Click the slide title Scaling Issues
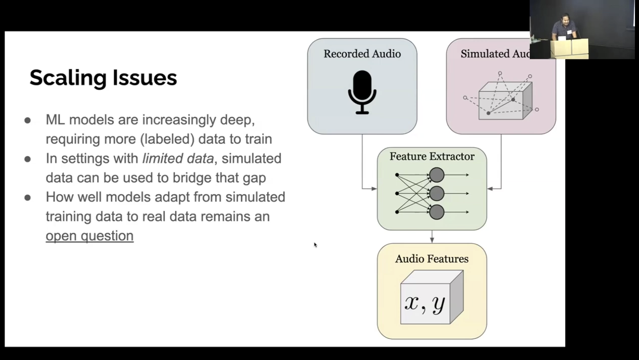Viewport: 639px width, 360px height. coord(103,77)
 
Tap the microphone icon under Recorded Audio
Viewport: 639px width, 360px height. coord(362,93)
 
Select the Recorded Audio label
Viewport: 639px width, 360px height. coord(362,54)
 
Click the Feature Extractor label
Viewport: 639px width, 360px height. coord(432,156)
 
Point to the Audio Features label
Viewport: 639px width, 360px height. coord(432,259)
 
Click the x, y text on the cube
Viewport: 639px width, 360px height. coord(425,304)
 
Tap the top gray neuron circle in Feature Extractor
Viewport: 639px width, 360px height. coord(436,175)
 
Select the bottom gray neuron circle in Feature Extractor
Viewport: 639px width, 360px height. coord(436,212)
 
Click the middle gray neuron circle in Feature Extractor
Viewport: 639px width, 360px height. coord(436,194)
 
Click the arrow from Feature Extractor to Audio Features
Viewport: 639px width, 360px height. coord(432,237)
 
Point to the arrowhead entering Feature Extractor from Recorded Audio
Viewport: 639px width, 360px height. coord(374,189)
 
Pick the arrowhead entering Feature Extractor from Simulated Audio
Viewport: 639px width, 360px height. coord(490,189)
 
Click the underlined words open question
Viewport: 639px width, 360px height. coord(89,236)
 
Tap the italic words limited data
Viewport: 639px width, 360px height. coord(178,158)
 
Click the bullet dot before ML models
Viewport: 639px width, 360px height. coord(27,120)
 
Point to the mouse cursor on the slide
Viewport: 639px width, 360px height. coord(315,245)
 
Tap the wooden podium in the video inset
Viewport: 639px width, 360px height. coord(569,49)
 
